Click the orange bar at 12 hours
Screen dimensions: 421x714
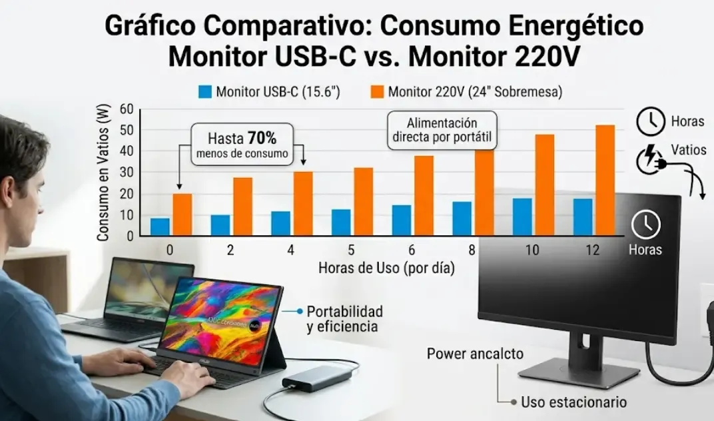tap(605, 180)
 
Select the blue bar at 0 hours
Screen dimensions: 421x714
tap(160, 226)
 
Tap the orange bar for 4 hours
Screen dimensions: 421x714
tap(303, 203)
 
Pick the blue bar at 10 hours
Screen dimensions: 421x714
tap(522, 216)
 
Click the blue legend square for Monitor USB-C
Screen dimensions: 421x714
tap(204, 92)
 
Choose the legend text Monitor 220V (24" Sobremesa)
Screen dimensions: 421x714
tap(475, 92)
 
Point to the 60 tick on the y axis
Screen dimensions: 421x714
tap(127, 110)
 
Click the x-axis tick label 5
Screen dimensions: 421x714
tap(351, 250)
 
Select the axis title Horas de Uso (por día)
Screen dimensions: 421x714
tap(386, 268)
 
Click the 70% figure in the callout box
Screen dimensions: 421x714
tap(261, 139)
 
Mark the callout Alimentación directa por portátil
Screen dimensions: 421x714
tap(442, 131)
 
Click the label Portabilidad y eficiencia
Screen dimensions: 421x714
tap(344, 318)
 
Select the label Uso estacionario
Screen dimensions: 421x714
tap(573, 402)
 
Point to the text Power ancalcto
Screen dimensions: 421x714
tap(475, 353)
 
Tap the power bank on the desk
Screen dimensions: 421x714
tap(316, 378)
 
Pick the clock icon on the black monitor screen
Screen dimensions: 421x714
tap(645, 226)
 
